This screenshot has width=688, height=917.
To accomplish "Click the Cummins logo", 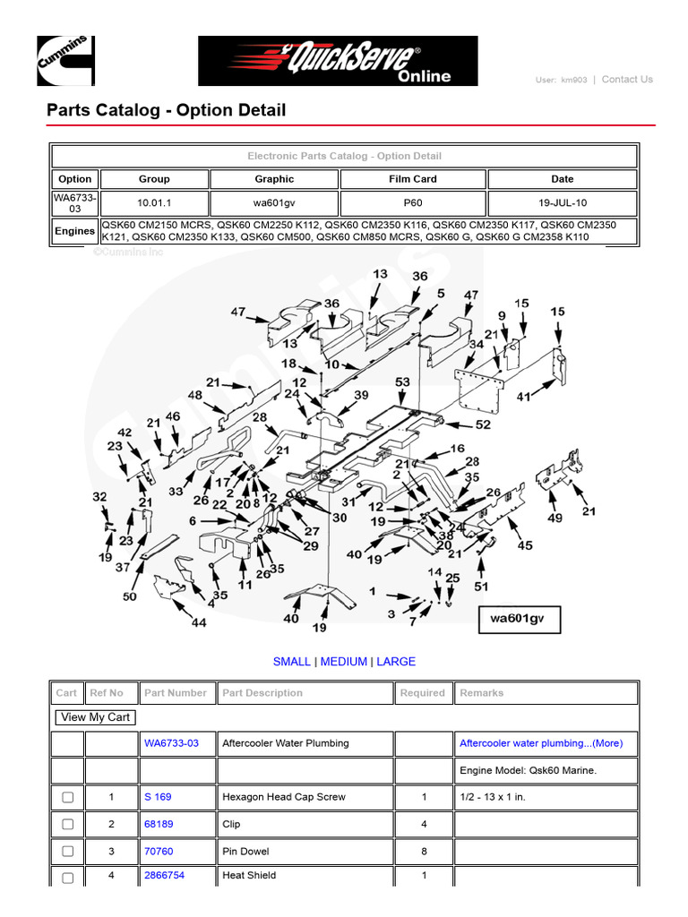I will click(x=64, y=61).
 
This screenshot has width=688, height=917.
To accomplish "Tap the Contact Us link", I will click(x=627, y=80).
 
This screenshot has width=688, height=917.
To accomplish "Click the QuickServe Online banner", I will click(x=338, y=61).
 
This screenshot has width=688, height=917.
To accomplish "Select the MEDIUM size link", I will click(x=344, y=662).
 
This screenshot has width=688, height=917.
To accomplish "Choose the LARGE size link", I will click(x=396, y=662).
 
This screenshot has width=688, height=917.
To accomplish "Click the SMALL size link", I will click(x=292, y=662).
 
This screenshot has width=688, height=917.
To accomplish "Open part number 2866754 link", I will click(x=165, y=876).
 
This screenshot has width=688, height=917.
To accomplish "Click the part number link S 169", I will click(x=158, y=797).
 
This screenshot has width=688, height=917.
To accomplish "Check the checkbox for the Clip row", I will click(x=67, y=825).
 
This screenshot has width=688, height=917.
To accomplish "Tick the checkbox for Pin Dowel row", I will click(x=67, y=852).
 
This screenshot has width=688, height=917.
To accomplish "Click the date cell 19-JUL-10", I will click(x=563, y=203).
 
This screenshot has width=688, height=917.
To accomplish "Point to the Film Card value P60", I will click(x=413, y=203).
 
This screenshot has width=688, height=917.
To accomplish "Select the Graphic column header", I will click(x=274, y=179).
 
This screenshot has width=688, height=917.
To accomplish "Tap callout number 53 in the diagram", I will click(x=402, y=382).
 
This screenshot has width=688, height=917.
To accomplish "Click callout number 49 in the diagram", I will click(x=555, y=518).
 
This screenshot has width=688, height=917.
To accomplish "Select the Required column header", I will click(x=423, y=693).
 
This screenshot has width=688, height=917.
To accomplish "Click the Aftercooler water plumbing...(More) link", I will click(x=541, y=743).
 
